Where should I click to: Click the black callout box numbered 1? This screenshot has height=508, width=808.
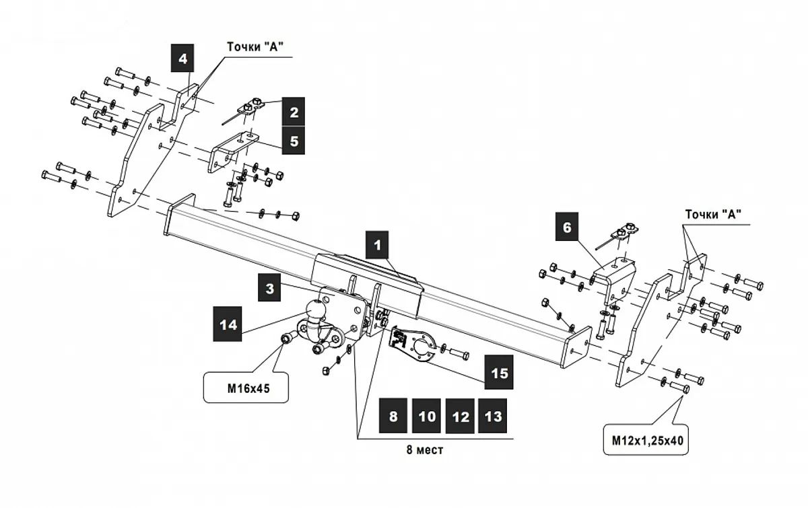[x=378, y=244]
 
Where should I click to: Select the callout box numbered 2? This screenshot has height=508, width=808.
[x=294, y=112]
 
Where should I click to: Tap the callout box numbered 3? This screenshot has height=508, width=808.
[x=269, y=289]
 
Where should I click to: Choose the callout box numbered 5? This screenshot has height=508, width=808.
[x=294, y=141]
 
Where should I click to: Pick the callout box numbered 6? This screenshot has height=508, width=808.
[x=567, y=227]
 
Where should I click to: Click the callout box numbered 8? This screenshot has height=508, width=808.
[x=393, y=416]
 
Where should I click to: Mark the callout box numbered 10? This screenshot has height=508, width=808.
[x=427, y=416]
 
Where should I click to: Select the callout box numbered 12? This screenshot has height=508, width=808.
[x=461, y=416]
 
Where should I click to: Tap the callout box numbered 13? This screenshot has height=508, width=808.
[x=494, y=416]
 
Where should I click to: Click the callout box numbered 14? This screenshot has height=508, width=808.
[x=228, y=324]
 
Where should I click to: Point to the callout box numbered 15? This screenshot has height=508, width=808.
[x=499, y=372]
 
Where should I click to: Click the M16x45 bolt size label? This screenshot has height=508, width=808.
[x=246, y=388]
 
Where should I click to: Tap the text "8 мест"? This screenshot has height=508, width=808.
[x=425, y=450]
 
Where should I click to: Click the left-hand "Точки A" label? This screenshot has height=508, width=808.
[x=255, y=46]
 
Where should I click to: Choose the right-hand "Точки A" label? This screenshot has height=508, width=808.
[x=713, y=215]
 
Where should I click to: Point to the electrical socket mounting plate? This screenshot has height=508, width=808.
[x=411, y=346]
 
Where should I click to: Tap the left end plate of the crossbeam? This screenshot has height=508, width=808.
[x=178, y=214]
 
